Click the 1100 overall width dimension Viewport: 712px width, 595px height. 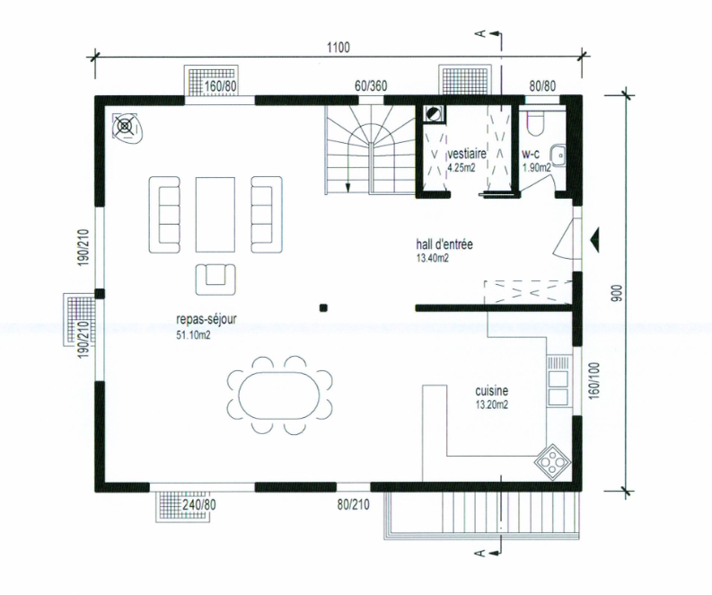pyautogui.click(x=338, y=48)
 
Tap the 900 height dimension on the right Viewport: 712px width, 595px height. pyautogui.click(x=617, y=294)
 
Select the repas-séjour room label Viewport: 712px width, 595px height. pyautogui.click(x=207, y=319)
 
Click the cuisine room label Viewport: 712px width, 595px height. pyautogui.click(x=491, y=391)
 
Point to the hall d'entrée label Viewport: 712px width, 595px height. pyautogui.click(x=444, y=244)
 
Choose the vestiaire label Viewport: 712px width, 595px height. pyautogui.click(x=467, y=154)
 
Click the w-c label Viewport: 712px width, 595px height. pyautogui.click(x=531, y=154)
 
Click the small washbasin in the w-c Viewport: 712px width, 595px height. pyautogui.click(x=558, y=155)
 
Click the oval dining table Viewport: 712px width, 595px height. pyautogui.click(x=279, y=395)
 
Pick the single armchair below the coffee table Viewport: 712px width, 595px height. pyautogui.click(x=216, y=280)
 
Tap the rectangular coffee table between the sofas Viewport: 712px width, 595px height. pyautogui.click(x=215, y=214)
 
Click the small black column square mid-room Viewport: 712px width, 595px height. pyautogui.click(x=323, y=307)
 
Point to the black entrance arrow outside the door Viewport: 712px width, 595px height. pyautogui.click(x=595, y=239)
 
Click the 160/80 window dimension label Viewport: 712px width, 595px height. pyautogui.click(x=221, y=86)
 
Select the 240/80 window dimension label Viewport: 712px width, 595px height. pyautogui.click(x=198, y=504)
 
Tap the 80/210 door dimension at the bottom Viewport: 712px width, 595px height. pyautogui.click(x=353, y=504)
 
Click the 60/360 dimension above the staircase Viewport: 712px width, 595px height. pyautogui.click(x=371, y=86)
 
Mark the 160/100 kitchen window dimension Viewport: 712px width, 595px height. pyautogui.click(x=595, y=380)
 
